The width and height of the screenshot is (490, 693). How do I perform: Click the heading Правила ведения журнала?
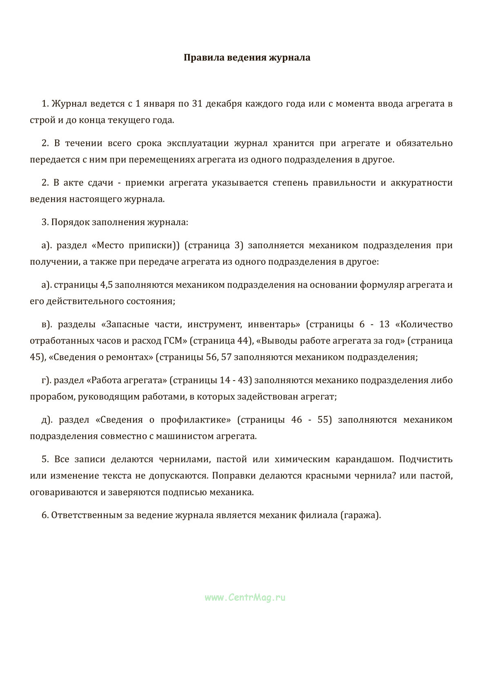247,58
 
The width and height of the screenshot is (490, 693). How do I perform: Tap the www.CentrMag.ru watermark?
245,597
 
